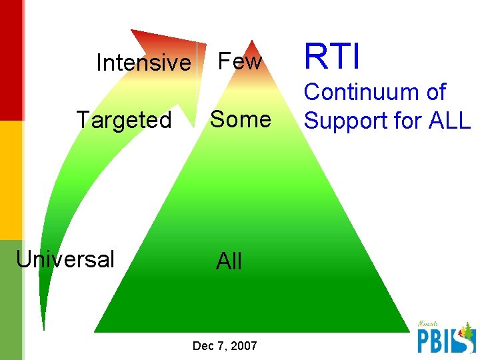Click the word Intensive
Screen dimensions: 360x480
click(143, 63)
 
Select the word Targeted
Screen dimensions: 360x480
click(124, 121)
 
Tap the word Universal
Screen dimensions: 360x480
click(65, 259)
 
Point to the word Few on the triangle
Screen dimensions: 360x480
click(240, 62)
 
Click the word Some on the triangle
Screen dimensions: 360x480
click(241, 120)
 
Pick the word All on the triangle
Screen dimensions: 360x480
click(229, 261)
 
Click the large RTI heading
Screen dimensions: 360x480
click(332, 56)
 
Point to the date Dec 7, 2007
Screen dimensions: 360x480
click(224, 346)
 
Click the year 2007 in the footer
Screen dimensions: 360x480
click(243, 346)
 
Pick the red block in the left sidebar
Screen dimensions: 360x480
click(11, 60)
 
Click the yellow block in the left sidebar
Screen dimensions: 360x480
click(11, 180)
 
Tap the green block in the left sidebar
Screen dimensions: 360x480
click(11, 300)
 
